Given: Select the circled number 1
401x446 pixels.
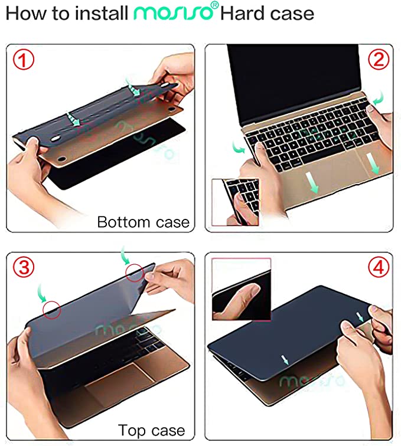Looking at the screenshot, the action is point(24,60).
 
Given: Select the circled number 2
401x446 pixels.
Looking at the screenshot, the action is point(379,60).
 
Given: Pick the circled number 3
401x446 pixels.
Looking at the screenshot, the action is point(24,268).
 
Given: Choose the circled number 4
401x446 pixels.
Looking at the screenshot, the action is point(379,268).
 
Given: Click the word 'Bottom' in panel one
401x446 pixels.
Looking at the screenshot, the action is point(123,222).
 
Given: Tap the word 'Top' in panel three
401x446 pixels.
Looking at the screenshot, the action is point(132,431).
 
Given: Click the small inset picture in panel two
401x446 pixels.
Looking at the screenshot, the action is point(236,202).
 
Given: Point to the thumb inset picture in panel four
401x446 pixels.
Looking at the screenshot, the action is point(242,289).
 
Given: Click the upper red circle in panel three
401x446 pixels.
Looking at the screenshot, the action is point(135,273).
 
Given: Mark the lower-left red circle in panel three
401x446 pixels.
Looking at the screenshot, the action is point(52,310).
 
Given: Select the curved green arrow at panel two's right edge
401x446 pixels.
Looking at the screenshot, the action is point(379,98).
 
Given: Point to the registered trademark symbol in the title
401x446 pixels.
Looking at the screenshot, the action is point(216,5).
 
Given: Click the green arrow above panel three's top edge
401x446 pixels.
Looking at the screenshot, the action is point(125,255).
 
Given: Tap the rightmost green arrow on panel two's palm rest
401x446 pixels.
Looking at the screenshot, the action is point(373,163).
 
